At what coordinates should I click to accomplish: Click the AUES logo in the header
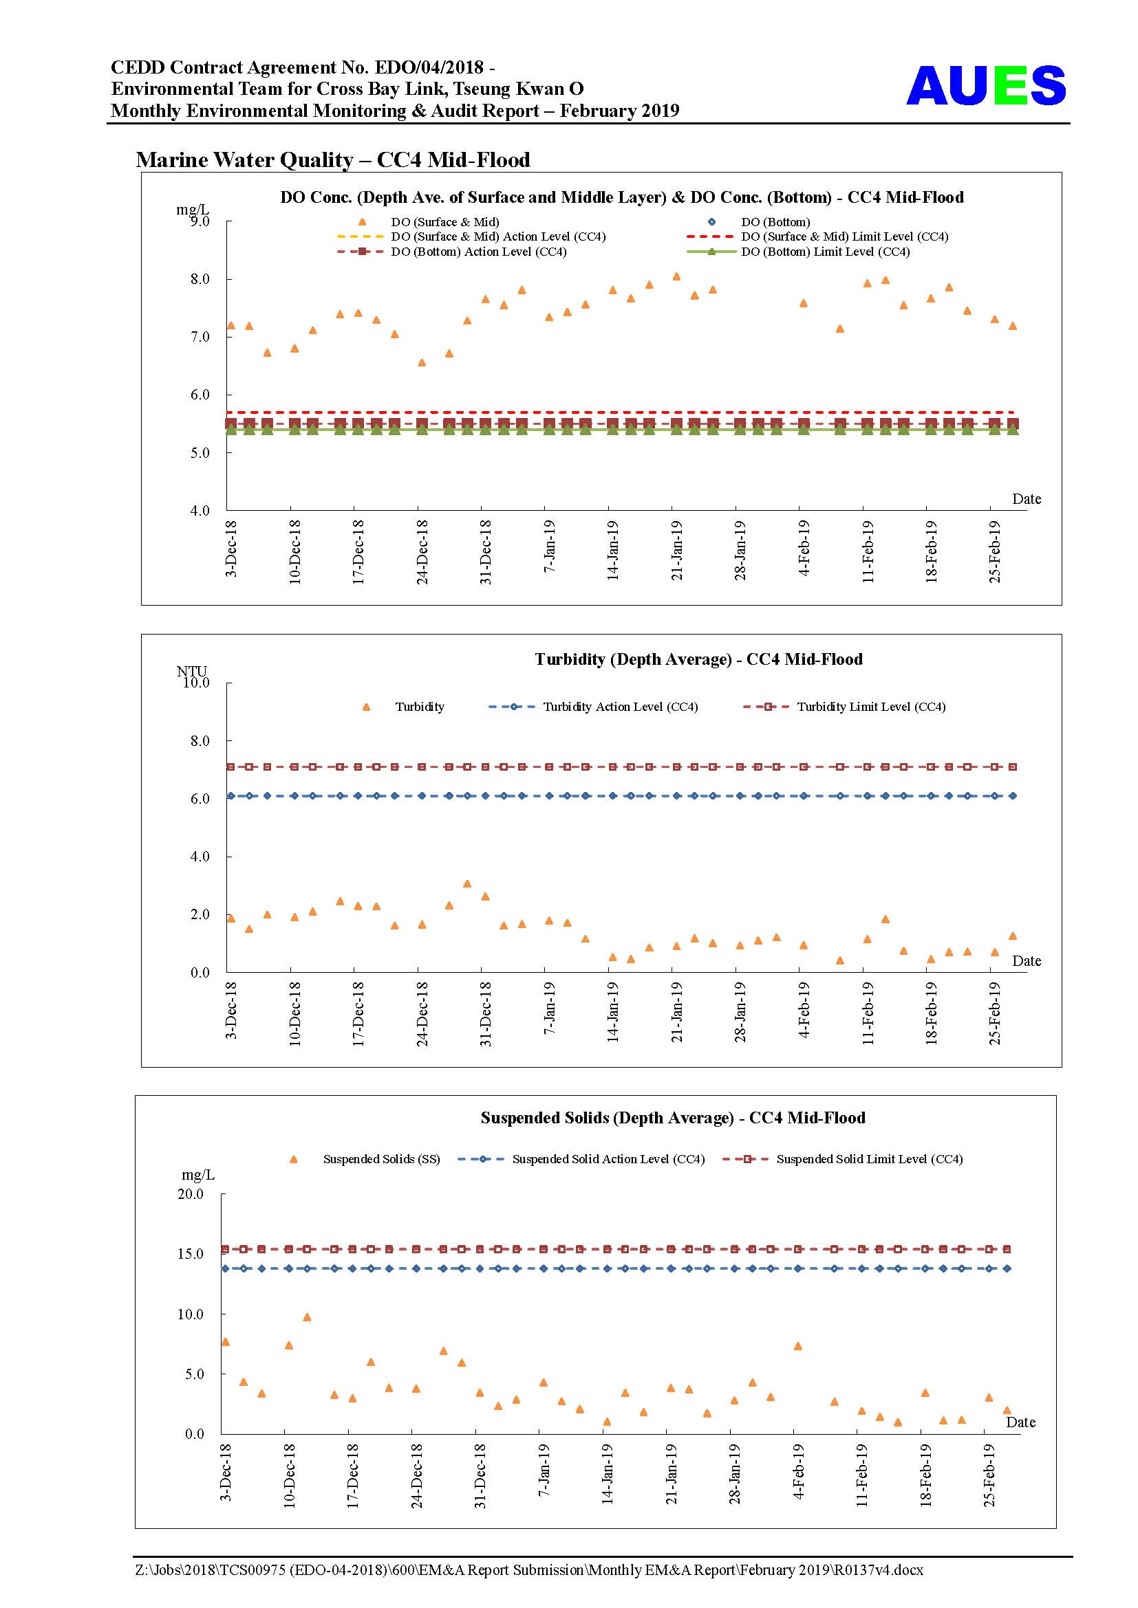pos(986,85)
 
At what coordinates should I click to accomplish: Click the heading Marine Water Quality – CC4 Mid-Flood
pos(333,159)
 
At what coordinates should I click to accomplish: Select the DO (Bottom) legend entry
pos(760,222)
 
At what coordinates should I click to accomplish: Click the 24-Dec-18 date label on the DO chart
pos(422,552)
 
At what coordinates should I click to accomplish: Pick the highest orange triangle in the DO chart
pos(676,276)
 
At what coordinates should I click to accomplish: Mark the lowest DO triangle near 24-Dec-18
pos(422,362)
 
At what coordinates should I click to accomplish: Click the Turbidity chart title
pos(698,659)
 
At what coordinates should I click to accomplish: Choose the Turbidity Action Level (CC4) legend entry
pos(593,707)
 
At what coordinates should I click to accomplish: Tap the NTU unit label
pos(191,671)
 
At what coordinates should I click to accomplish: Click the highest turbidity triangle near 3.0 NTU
pos(467,883)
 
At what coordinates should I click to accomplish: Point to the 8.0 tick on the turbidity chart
pos(200,740)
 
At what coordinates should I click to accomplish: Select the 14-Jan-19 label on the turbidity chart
pos(612,1012)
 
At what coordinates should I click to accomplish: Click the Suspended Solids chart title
pos(673,1118)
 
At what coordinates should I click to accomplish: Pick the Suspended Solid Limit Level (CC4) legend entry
pos(843,1159)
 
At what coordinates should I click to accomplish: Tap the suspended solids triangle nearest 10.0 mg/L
pos(306,1317)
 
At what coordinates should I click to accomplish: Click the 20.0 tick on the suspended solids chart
pos(190,1193)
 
